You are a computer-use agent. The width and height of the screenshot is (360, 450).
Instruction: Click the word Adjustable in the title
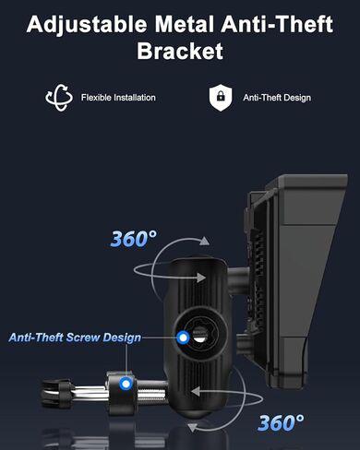click(87, 24)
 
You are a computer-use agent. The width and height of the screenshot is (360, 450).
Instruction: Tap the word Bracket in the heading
click(180, 51)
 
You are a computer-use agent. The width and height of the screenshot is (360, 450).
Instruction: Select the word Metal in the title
click(184, 24)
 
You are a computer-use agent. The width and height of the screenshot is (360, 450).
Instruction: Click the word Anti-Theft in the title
click(277, 24)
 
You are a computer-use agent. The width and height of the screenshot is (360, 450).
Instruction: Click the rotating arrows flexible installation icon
click(59, 98)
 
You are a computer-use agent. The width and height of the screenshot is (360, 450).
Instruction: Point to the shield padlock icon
click(221, 98)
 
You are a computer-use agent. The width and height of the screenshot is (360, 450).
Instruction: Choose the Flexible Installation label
click(118, 98)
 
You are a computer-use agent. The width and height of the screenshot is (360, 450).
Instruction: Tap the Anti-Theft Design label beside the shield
click(277, 98)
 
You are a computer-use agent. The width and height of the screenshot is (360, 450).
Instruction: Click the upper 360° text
click(134, 239)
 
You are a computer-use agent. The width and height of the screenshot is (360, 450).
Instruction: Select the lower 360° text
click(281, 422)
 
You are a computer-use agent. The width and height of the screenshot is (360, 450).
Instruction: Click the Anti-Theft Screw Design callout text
click(75, 337)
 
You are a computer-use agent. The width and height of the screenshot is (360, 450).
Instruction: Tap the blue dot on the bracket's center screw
click(184, 337)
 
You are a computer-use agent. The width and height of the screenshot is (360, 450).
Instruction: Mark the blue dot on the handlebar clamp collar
click(126, 384)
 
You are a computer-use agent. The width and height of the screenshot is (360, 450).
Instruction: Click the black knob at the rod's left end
click(56, 394)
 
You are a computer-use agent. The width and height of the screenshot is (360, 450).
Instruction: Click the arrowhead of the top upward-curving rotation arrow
click(204, 241)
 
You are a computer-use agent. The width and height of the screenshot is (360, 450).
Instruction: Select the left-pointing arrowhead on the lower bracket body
click(196, 392)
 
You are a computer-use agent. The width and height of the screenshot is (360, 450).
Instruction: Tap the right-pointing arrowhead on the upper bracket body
click(201, 278)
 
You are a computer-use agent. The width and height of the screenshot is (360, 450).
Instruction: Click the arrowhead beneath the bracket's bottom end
click(193, 427)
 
